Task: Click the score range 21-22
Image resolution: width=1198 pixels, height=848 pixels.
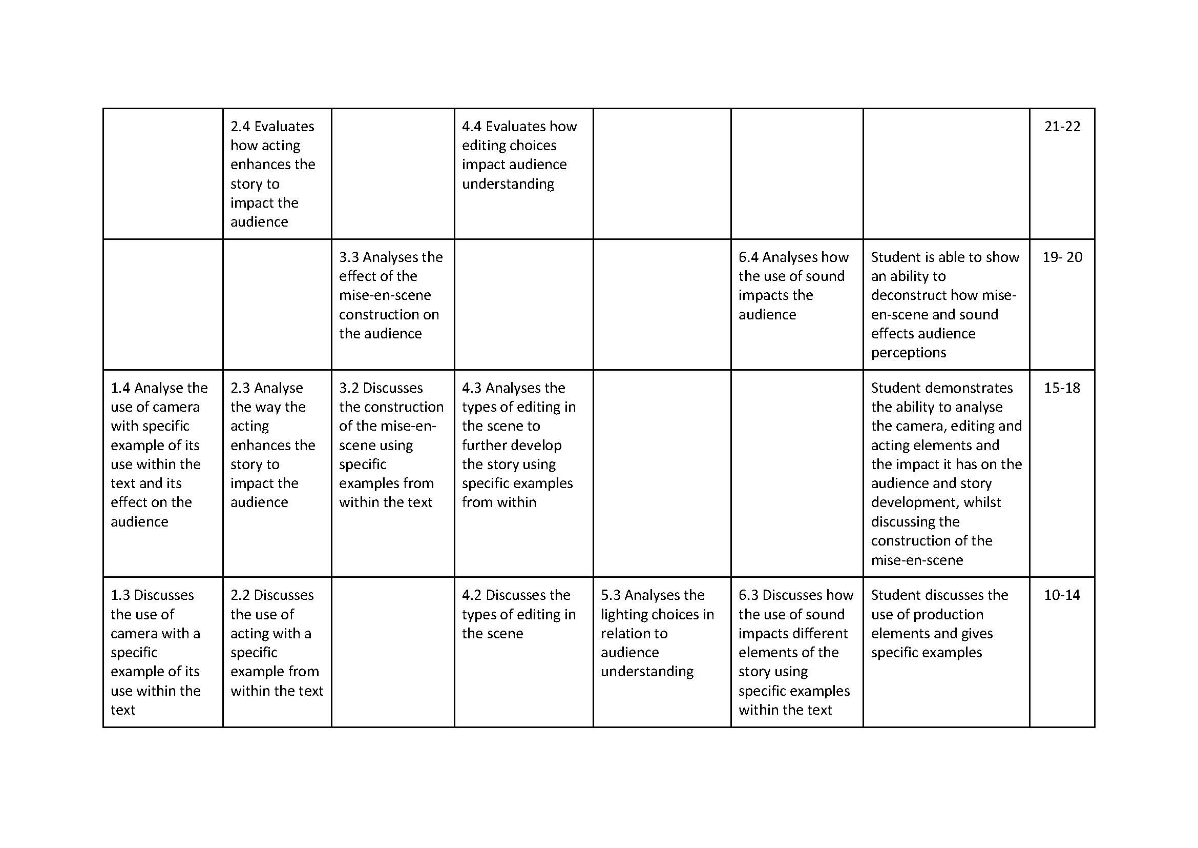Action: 1062,126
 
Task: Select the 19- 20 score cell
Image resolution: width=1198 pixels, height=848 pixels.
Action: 1062,257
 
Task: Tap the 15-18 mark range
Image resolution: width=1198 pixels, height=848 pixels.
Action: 1062,388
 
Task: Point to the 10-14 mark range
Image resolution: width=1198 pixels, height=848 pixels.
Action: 1062,595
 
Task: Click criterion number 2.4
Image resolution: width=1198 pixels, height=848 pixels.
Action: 241,126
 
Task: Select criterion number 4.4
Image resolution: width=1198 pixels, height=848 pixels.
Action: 472,126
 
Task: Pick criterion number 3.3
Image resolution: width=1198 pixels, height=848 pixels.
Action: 349,257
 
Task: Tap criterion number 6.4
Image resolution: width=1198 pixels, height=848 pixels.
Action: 748,257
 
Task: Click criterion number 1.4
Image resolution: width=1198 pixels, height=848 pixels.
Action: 120,388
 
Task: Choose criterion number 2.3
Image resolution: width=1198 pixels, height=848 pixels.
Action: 241,388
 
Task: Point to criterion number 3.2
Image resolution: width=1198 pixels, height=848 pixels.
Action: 349,388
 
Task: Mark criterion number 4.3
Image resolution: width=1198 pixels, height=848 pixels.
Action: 472,388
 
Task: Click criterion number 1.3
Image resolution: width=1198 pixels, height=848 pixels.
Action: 120,595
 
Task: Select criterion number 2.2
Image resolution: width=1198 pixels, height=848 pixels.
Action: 241,595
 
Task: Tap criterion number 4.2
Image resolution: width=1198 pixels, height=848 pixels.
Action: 472,595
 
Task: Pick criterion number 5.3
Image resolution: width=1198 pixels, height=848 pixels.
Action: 611,595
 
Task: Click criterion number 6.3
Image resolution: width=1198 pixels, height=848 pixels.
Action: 748,595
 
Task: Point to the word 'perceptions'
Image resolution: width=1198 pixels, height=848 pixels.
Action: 909,353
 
